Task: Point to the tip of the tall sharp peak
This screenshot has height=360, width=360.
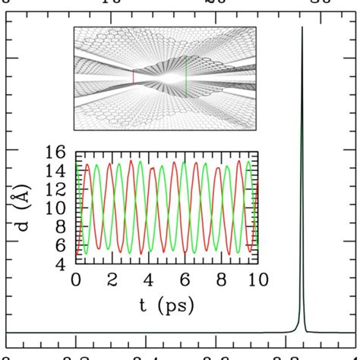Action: (x=302, y=28)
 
